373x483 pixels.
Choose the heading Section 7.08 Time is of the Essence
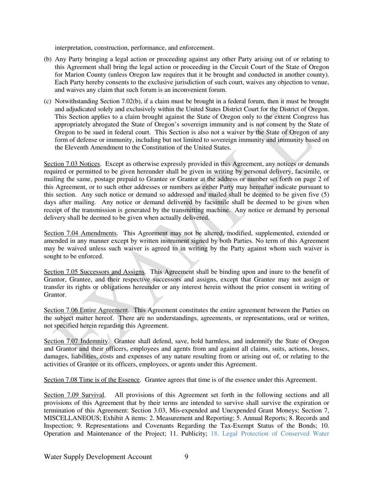[92, 380]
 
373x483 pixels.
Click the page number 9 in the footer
[186, 457]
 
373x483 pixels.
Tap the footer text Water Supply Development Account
[98, 457]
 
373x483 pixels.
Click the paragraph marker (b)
[48, 59]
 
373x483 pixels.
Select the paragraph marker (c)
[48, 101]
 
